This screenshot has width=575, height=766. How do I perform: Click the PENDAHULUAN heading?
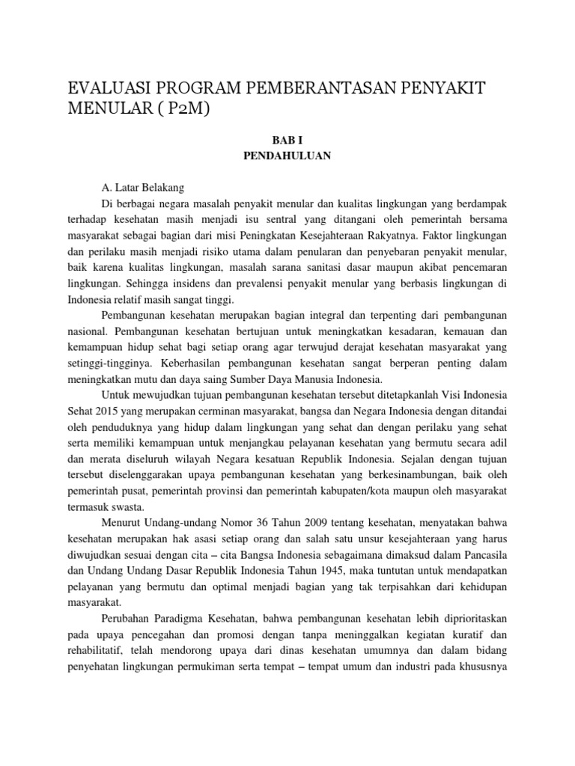(x=287, y=156)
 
